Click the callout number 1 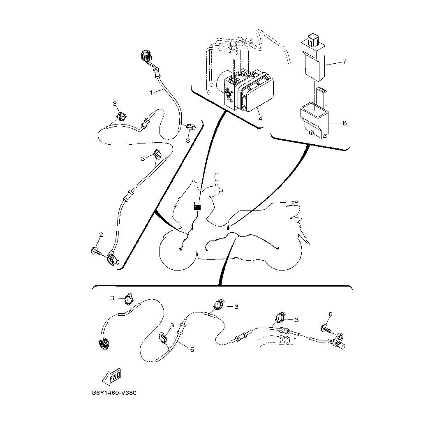tap(151, 92)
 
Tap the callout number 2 tap(101, 234)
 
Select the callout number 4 tap(260, 118)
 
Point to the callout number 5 tap(192, 350)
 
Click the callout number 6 tap(331, 314)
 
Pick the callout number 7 tap(345, 61)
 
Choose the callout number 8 tap(345, 123)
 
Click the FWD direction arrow tap(112, 377)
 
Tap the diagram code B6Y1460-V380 tap(114, 393)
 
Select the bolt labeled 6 tap(326, 329)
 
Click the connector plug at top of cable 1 tap(147, 56)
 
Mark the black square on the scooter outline tap(197, 207)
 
